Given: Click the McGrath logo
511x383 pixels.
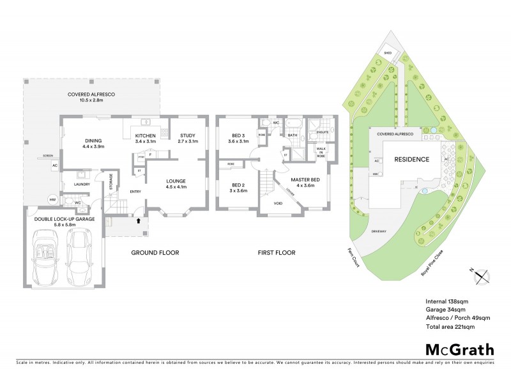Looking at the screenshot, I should click(x=459, y=349).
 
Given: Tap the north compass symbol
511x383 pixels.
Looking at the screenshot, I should click(x=482, y=276).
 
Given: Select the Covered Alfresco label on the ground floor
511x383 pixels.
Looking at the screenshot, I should click(x=91, y=97).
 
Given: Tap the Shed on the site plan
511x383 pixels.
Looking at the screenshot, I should click(x=387, y=53).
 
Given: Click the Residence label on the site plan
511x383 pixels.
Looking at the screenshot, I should click(x=411, y=159).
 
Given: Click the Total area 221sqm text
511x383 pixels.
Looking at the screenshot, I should click(x=450, y=326).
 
